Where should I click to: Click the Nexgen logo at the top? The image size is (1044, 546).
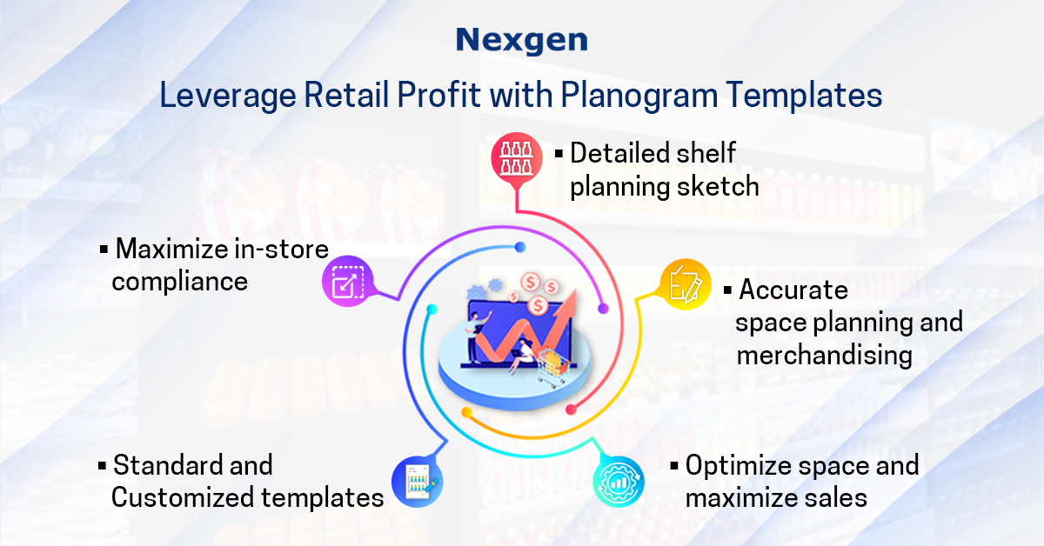pos(521,40)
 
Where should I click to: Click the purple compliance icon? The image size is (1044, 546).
pos(348,283)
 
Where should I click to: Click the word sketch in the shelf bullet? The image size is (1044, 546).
pos(719,186)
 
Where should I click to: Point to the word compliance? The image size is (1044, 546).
pos(180,282)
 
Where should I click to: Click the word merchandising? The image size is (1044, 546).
pos(824,355)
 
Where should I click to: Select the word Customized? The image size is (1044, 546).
pos(180,497)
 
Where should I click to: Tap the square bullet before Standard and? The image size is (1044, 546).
pos(103,466)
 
